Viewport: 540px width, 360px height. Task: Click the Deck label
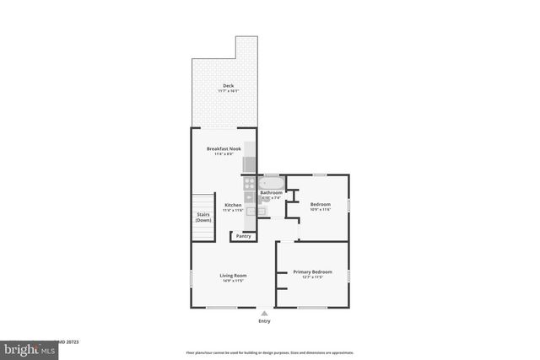(x=228, y=86)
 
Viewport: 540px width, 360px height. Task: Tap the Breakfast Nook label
(x=224, y=148)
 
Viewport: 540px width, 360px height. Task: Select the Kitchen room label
(x=233, y=205)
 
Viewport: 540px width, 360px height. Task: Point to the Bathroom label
(x=271, y=193)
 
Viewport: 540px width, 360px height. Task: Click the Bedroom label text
(x=320, y=204)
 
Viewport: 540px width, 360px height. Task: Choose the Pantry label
(x=243, y=236)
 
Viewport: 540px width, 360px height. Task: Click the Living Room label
(x=233, y=276)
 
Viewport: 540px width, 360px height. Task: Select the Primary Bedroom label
(x=312, y=271)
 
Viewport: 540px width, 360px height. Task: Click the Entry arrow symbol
(x=265, y=313)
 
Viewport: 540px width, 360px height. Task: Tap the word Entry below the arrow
(x=265, y=321)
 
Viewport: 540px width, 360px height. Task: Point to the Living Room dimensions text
(x=233, y=281)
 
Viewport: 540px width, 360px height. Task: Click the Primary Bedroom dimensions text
(x=312, y=277)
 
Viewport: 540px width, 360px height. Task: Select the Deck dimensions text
(x=228, y=91)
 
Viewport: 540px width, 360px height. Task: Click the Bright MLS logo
(x=25, y=348)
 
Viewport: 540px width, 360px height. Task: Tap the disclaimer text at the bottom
(x=270, y=352)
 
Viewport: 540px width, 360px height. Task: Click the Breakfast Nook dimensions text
(x=224, y=153)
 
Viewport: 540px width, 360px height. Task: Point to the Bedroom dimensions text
(x=320, y=209)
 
